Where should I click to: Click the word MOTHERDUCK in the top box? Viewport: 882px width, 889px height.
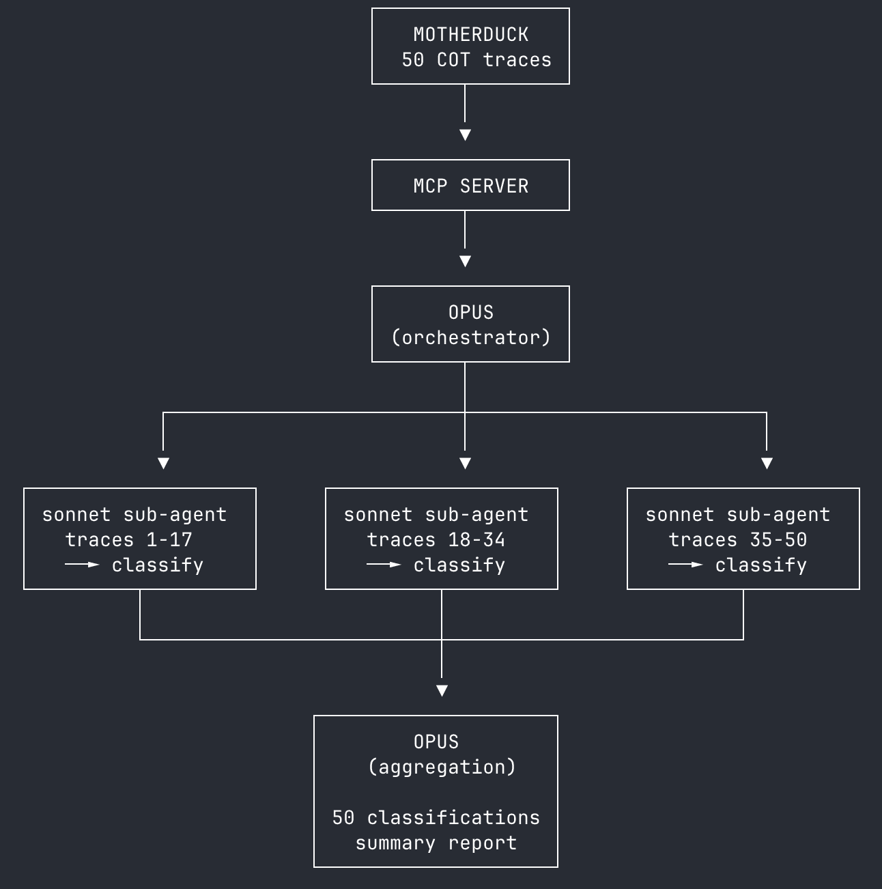pyautogui.click(x=470, y=34)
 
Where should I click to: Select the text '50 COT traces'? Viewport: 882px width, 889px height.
pyautogui.click(x=476, y=60)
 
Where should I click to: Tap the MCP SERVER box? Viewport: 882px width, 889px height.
pyautogui.click(x=470, y=186)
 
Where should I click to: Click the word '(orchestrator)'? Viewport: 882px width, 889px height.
pyautogui.click(x=470, y=338)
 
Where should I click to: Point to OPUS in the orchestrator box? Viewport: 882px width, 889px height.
pyautogui.click(x=470, y=313)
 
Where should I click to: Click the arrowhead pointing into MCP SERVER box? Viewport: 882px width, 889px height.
pyautogui.click(x=465, y=135)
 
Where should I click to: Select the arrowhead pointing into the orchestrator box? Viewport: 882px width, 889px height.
pyautogui.click(x=465, y=262)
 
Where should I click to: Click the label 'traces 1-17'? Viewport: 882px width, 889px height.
pyautogui.click(x=128, y=540)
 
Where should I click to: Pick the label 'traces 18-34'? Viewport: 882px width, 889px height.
pyautogui.click(x=436, y=540)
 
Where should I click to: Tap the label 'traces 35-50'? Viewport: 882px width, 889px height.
pyautogui.click(x=737, y=540)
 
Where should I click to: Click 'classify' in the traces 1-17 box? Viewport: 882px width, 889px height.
pyautogui.click(x=158, y=565)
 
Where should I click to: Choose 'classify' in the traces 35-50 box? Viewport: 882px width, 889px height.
pyautogui.click(x=761, y=565)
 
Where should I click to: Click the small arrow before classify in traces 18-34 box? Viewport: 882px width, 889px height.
pyautogui.click(x=384, y=565)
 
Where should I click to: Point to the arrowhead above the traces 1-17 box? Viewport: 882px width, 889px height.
pyautogui.click(x=163, y=464)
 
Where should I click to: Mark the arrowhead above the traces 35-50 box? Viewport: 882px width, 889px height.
pyautogui.click(x=767, y=464)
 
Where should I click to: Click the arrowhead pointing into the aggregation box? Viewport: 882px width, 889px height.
pyautogui.click(x=442, y=691)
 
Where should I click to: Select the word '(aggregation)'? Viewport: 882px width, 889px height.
pyautogui.click(x=442, y=767)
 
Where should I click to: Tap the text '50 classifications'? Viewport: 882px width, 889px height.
pyautogui.click(x=436, y=818)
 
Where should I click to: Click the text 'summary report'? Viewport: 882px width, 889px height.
pyautogui.click(x=436, y=843)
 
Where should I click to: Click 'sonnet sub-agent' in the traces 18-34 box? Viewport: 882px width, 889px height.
pyautogui.click(x=436, y=515)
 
